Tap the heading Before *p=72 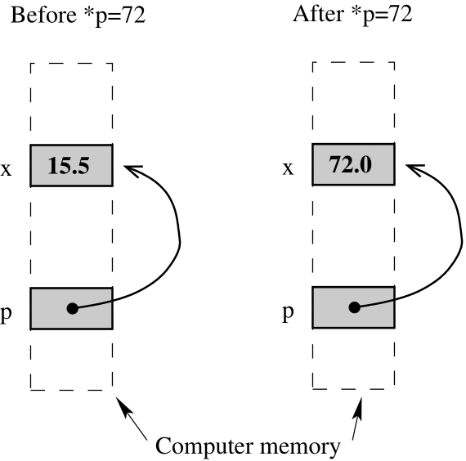pos(78,16)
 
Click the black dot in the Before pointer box pos(72,309)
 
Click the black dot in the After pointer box pos(354,309)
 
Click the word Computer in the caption pos(203,446)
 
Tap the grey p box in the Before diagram pos(49,308)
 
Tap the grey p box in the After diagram pos(331,308)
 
